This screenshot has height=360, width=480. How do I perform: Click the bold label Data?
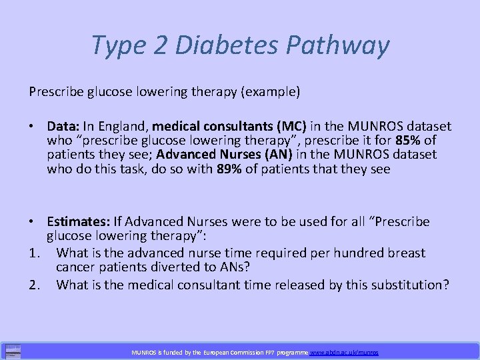(65, 126)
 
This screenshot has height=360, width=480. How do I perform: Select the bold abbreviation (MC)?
(288, 126)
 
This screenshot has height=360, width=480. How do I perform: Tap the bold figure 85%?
(406, 140)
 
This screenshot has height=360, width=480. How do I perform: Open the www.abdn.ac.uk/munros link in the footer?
(344, 351)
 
